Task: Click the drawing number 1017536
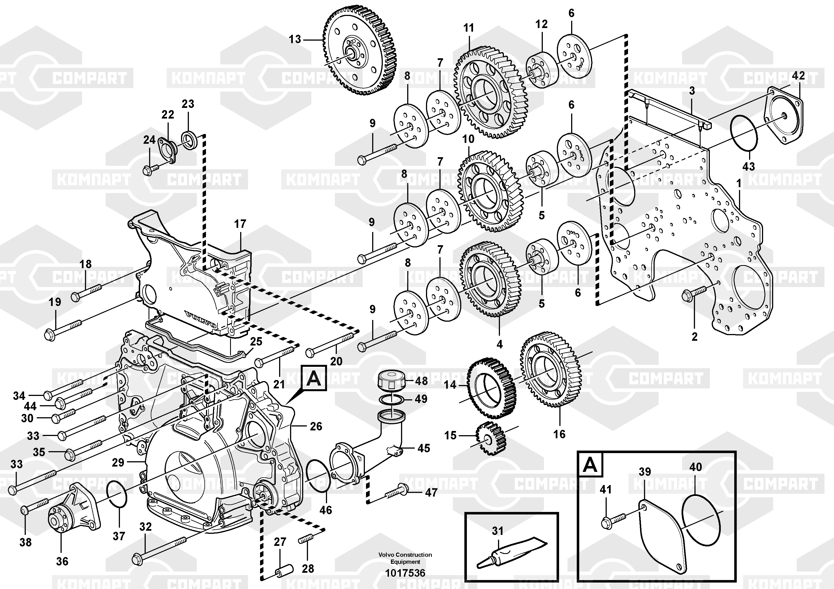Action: click(405, 573)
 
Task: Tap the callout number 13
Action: click(295, 39)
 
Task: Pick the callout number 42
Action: click(798, 76)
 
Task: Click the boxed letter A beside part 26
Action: click(314, 378)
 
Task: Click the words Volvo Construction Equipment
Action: click(405, 558)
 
